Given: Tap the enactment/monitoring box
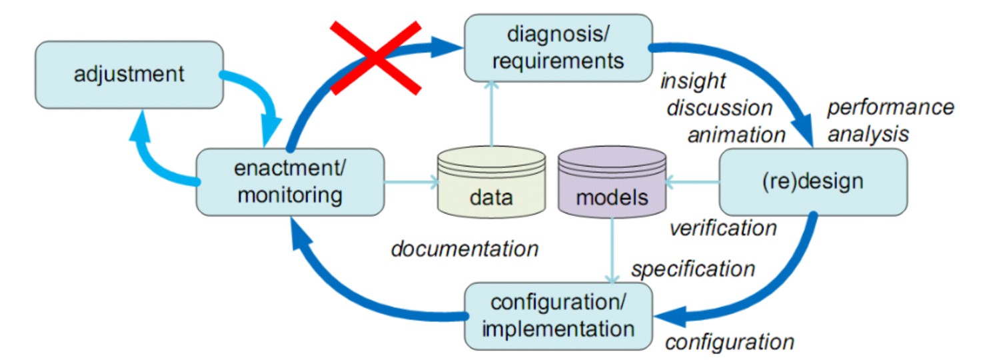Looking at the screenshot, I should pyautogui.click(x=290, y=181).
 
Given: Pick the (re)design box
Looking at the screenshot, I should pyautogui.click(x=812, y=181).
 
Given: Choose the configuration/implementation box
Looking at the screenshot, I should pyautogui.click(x=558, y=315).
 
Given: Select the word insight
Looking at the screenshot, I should pyautogui.click(x=692, y=81).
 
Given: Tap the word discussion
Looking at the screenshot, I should pyautogui.click(x=720, y=107).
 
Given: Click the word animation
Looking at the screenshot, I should pyautogui.click(x=736, y=135).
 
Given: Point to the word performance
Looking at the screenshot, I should pyautogui.click(x=891, y=107).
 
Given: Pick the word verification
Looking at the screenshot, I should pyautogui.click(x=723, y=228).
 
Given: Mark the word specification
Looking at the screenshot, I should pyautogui.click(x=693, y=269).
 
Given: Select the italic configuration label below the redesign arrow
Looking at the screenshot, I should pyautogui.click(x=730, y=343).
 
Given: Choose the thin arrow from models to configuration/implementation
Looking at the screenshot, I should pyautogui.click(x=612, y=250).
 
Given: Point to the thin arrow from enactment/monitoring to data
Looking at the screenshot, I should pyautogui.click(x=410, y=180).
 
